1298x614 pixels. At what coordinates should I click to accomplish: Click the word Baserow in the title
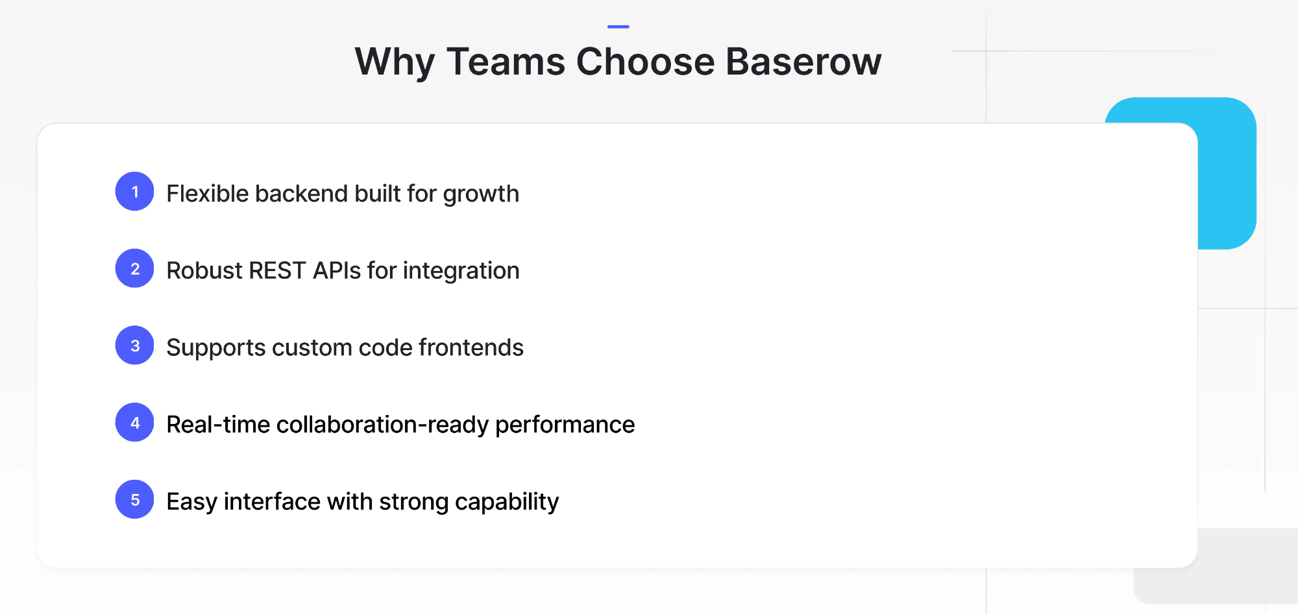point(803,62)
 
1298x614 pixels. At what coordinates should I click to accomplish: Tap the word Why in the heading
point(395,62)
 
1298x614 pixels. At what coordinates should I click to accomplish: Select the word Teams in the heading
point(506,62)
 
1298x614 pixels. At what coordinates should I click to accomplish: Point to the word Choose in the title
point(645,62)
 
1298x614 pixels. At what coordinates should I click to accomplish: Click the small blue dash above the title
point(618,27)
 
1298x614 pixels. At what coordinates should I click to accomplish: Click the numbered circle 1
point(134,192)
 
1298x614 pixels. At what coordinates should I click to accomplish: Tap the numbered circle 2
point(134,268)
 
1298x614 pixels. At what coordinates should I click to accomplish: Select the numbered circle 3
point(134,346)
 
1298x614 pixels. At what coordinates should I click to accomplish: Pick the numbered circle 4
point(134,423)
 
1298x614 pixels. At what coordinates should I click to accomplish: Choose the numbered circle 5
point(134,500)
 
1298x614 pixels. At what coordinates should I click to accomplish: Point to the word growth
point(481,195)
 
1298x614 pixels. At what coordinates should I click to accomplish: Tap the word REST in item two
point(277,271)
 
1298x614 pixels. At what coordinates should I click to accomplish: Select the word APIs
point(336,271)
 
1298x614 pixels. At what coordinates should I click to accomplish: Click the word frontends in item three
point(471,348)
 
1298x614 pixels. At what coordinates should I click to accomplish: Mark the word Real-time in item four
point(218,425)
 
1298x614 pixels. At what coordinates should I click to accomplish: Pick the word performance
point(565,425)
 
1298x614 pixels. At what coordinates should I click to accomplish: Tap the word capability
point(507,502)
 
